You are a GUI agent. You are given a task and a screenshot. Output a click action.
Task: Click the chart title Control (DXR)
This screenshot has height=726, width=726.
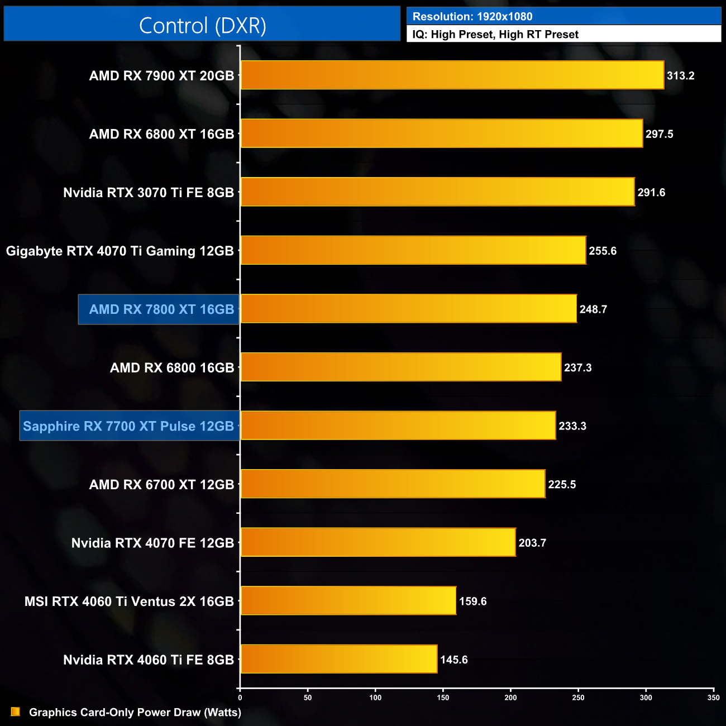pyautogui.click(x=202, y=26)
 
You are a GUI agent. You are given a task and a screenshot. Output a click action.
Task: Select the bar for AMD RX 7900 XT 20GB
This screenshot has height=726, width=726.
pyautogui.click(x=452, y=75)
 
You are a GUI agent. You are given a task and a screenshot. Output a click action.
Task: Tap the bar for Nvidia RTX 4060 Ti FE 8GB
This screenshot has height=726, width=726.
pyautogui.click(x=339, y=660)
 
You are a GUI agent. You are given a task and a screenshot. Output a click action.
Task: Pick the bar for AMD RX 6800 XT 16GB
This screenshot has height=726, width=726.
pyautogui.click(x=442, y=133)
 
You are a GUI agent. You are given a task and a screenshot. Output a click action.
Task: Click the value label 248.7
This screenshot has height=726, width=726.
pyautogui.click(x=593, y=309)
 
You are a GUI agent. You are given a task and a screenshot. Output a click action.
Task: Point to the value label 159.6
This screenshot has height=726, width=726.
pyautogui.click(x=472, y=601)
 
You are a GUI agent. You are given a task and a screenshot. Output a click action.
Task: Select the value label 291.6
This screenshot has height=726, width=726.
pyautogui.click(x=651, y=193)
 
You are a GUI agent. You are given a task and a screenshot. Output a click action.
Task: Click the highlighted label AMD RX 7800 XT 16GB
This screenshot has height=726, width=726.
pyautogui.click(x=161, y=309)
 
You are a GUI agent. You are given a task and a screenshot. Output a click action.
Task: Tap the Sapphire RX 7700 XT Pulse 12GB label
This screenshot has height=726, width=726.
pyautogui.click(x=128, y=426)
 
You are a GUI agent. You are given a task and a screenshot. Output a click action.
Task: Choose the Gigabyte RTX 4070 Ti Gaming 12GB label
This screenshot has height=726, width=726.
pyautogui.click(x=120, y=251)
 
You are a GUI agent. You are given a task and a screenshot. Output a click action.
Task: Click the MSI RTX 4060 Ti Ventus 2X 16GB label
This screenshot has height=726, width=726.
pyautogui.click(x=129, y=601)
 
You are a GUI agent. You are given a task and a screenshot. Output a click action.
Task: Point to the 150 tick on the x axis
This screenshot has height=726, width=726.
pyautogui.click(x=443, y=698)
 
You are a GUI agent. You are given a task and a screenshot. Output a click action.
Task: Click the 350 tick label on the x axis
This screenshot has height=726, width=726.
pyautogui.click(x=713, y=698)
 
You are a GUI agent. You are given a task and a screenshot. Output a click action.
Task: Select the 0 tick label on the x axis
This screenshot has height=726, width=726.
pyautogui.click(x=240, y=698)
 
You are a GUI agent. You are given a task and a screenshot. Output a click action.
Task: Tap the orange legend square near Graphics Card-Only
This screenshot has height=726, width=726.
pyautogui.click(x=16, y=712)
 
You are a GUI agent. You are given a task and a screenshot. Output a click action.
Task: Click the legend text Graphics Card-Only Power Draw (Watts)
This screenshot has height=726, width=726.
pyautogui.click(x=135, y=713)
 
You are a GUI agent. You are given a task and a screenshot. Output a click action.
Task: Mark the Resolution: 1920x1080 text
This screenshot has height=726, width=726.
pyautogui.click(x=472, y=17)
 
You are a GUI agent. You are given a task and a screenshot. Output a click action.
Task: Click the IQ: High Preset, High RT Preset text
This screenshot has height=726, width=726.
pyautogui.click(x=495, y=35)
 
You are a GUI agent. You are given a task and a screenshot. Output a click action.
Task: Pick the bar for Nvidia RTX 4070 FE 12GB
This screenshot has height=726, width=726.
pyautogui.click(x=378, y=543)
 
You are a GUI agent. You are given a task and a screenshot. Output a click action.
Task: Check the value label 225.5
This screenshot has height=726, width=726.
pyautogui.click(x=562, y=485)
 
